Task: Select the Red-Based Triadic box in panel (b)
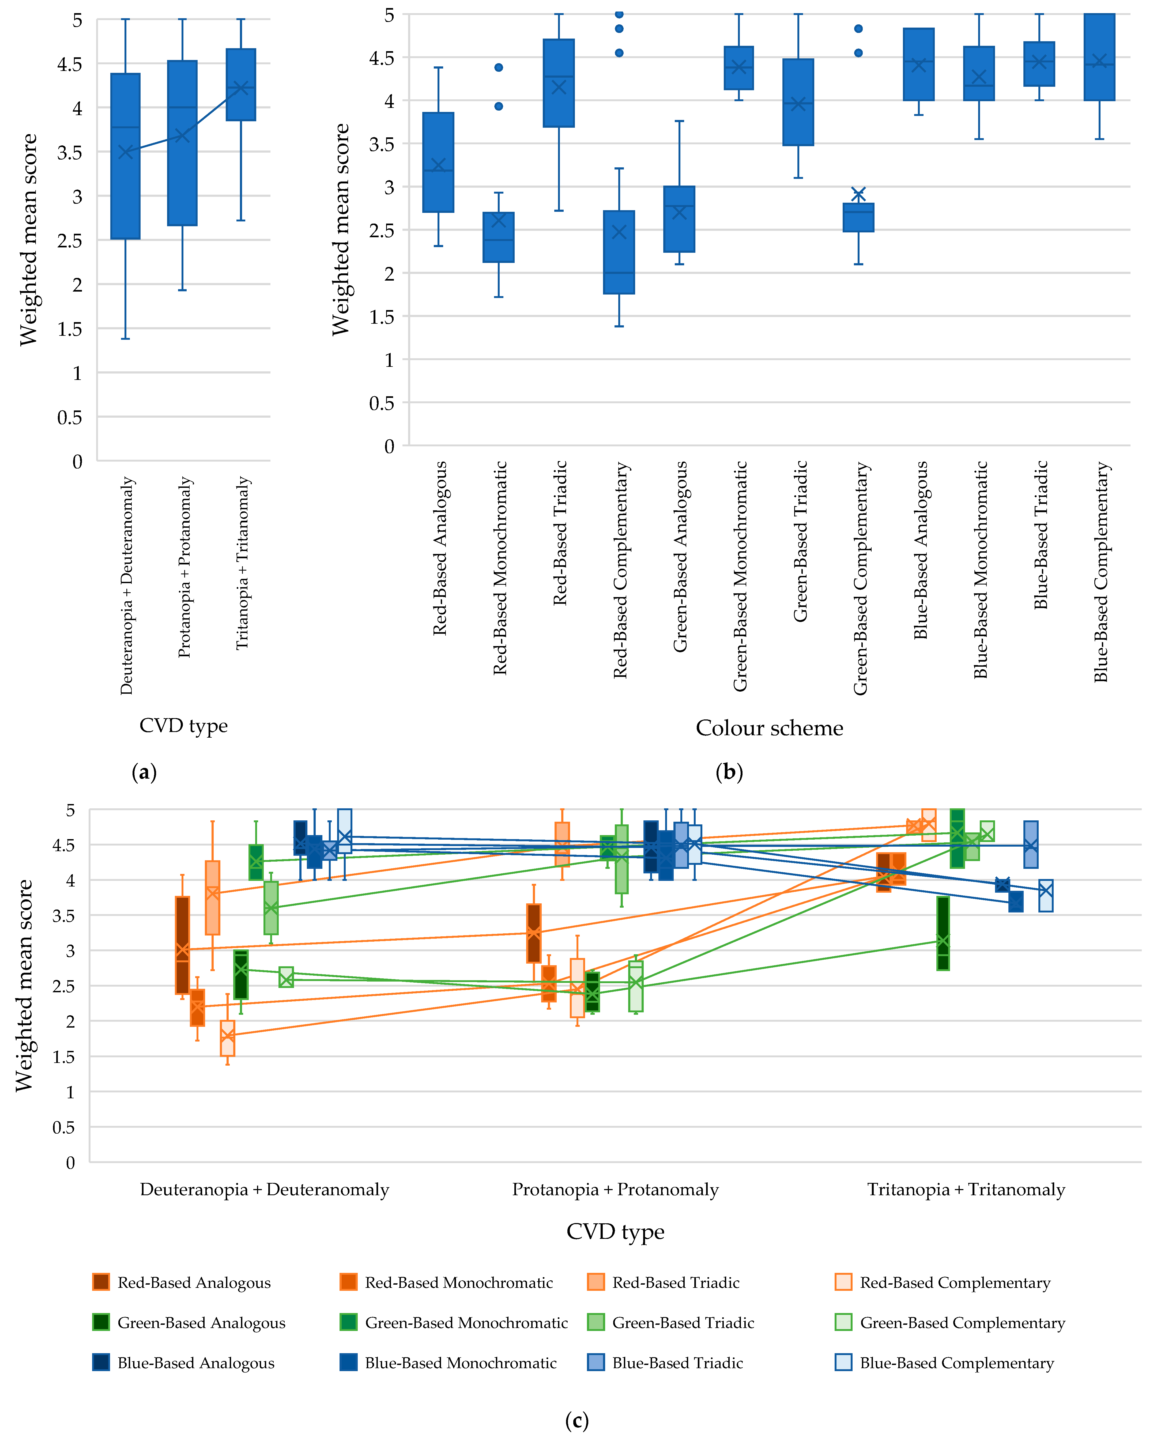point(559,83)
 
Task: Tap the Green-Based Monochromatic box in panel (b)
point(738,67)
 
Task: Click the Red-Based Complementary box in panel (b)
point(619,252)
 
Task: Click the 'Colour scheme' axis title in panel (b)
point(769,728)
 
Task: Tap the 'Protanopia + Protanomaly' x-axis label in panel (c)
point(615,1190)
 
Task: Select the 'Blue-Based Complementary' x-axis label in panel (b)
point(1101,571)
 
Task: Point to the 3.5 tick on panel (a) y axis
point(70,152)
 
